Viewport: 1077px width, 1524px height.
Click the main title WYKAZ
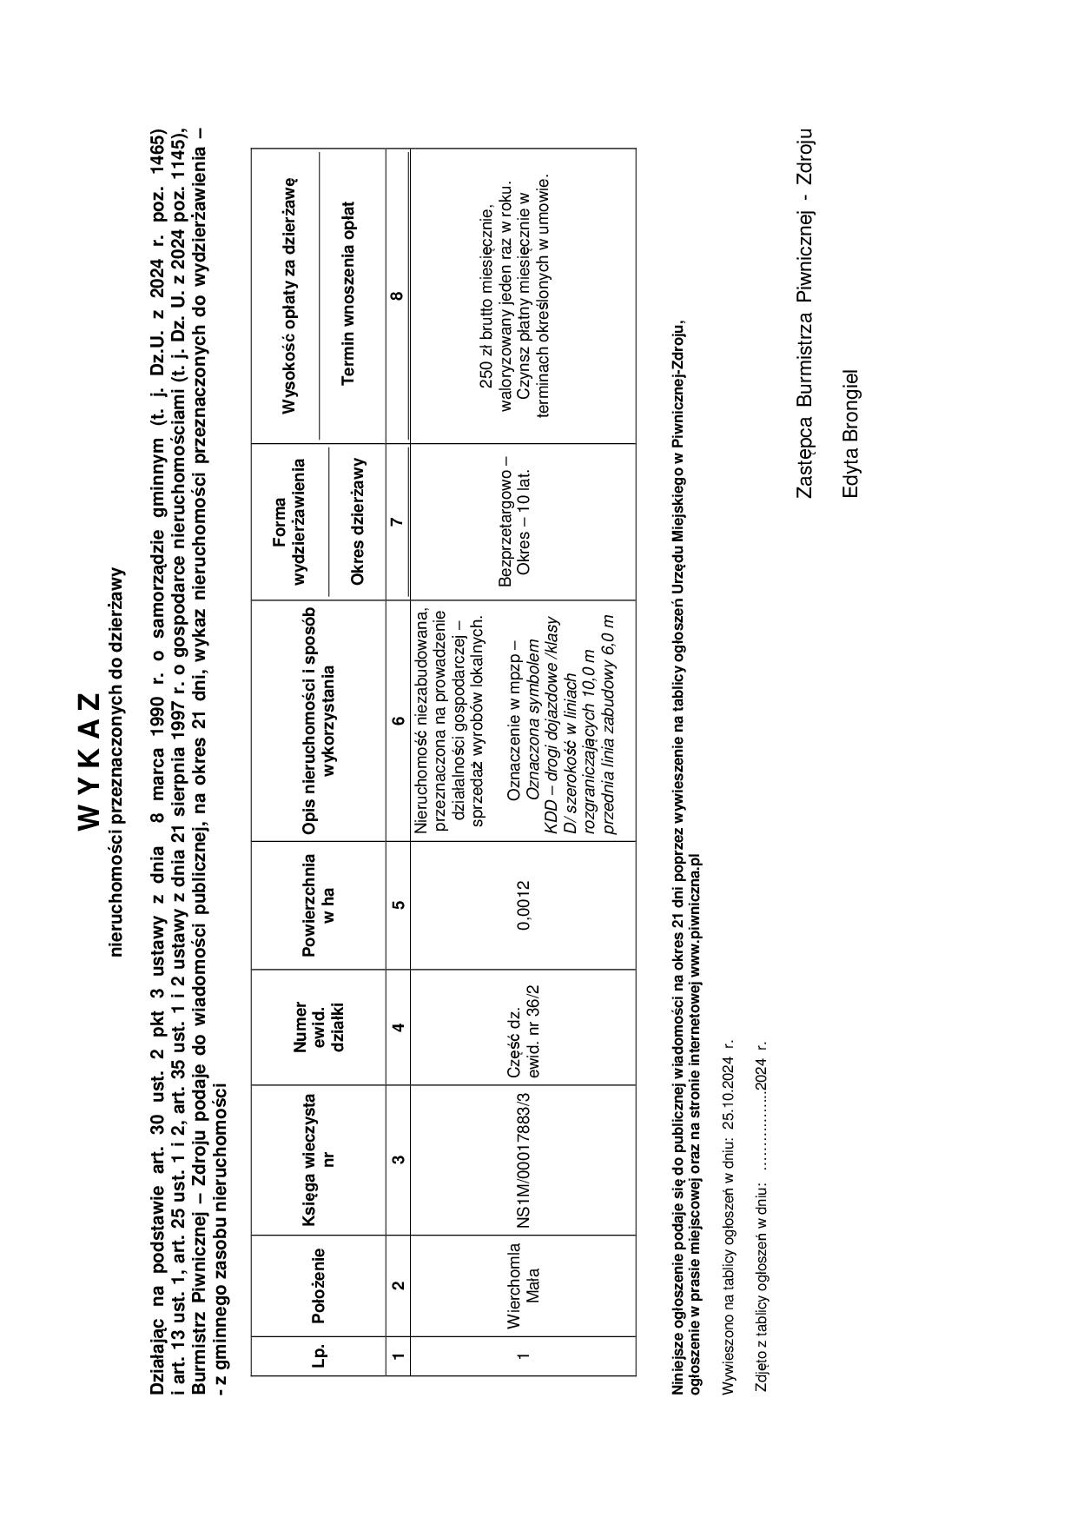click(x=89, y=760)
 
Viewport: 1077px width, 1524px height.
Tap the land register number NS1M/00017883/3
click(x=522, y=1160)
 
